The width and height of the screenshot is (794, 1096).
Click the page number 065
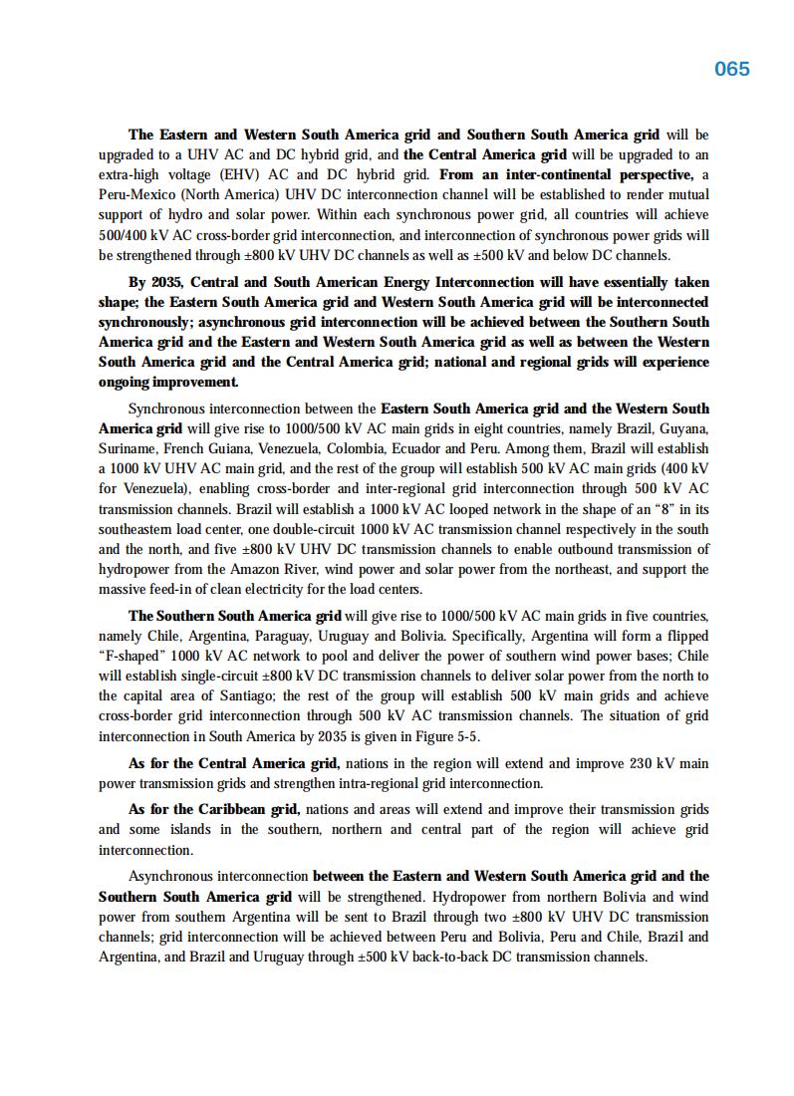(x=732, y=69)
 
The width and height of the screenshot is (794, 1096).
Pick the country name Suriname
(x=128, y=448)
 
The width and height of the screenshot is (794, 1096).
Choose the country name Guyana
(x=681, y=428)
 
